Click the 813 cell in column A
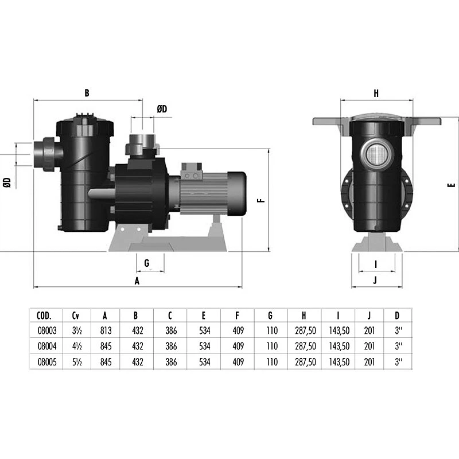click(104, 330)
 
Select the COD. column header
click(44, 315)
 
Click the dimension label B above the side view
click(87, 92)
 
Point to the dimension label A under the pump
click(137, 281)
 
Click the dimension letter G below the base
click(147, 263)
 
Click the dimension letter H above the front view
click(376, 92)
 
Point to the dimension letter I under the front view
click(375, 264)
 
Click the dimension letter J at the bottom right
click(375, 281)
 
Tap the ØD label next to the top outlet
click(162, 109)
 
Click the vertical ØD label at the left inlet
click(7, 182)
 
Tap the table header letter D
click(397, 315)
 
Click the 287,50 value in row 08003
click(304, 330)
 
